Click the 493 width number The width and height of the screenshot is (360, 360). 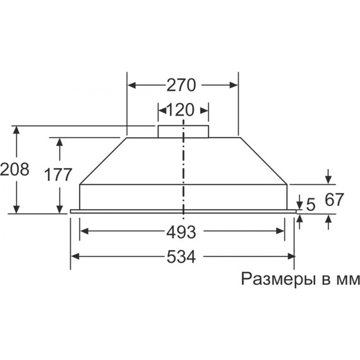tap(181, 231)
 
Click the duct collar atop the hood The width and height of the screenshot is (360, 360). tap(183, 131)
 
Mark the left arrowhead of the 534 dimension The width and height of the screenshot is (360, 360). tap(75, 256)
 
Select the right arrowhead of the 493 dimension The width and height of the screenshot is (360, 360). tap(284, 231)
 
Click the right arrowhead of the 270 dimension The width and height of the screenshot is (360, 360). tap(234, 84)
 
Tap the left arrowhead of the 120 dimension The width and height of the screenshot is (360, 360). tap(161, 111)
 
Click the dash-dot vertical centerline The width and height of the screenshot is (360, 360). tap(183, 171)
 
